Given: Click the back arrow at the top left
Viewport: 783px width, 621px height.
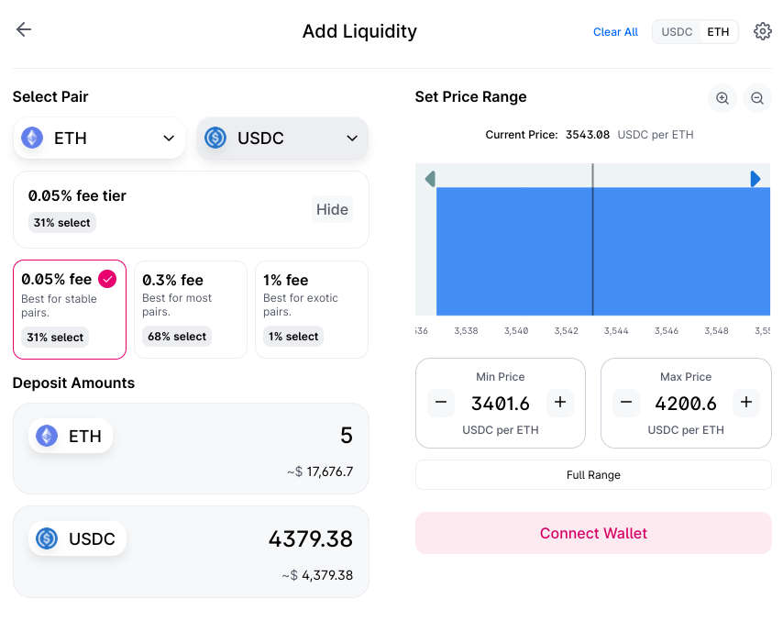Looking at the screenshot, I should tap(24, 29).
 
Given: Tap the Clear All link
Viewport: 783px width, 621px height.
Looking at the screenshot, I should tap(615, 32).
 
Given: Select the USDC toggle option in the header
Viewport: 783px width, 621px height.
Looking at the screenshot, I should tap(677, 32).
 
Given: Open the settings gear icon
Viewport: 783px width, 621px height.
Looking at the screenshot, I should tap(762, 32).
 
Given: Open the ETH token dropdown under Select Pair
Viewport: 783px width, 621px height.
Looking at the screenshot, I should tap(99, 139).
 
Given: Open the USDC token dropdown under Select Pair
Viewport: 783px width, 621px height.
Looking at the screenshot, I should tap(282, 139).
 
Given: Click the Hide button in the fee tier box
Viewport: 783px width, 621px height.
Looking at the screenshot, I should tap(332, 209).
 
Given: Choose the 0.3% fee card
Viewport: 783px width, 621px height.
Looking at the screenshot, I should tap(191, 309).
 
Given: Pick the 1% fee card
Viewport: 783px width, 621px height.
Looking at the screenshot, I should tap(312, 309).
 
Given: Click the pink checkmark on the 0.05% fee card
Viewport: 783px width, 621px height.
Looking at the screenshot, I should tap(107, 279).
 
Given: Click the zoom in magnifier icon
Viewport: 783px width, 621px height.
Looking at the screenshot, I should tap(722, 98).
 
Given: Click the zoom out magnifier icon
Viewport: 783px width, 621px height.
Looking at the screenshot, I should tap(757, 98).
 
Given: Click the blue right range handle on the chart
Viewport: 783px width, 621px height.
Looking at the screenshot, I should tap(755, 179).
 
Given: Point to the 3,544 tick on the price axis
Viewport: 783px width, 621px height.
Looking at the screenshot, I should tap(616, 330).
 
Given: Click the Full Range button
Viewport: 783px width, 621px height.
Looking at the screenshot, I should tap(593, 475).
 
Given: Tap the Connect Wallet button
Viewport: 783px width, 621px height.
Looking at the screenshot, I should tap(593, 533).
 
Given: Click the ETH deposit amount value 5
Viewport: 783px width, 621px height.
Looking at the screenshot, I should tap(346, 436).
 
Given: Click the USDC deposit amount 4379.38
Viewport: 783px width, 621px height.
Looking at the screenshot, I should tap(310, 538).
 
